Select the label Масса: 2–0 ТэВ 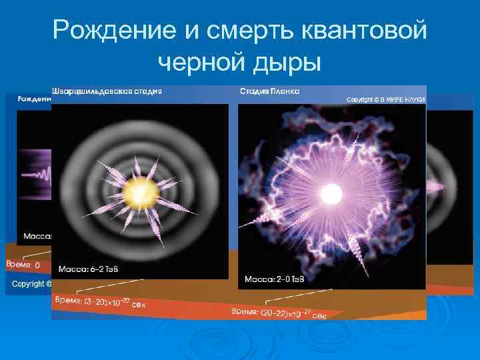tap(274, 278)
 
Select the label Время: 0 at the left tap(23, 265)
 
